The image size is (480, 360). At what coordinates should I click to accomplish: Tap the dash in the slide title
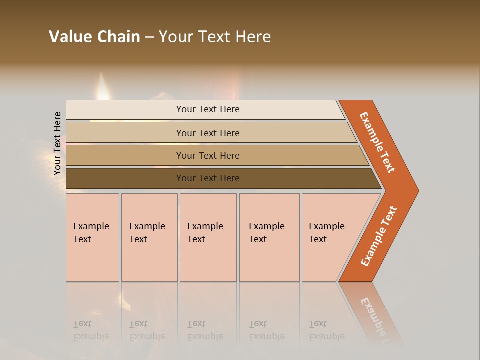pos(149,37)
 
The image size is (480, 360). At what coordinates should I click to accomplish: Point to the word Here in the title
pos(253,37)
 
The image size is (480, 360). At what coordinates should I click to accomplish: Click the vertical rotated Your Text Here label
pos(57,143)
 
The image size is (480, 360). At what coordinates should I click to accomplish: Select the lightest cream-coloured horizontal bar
pos(205,109)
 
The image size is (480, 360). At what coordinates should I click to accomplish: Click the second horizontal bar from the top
pos(210,133)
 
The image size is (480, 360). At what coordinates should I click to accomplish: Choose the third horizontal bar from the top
pos(215,155)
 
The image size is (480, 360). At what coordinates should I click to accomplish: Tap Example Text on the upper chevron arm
pos(377,142)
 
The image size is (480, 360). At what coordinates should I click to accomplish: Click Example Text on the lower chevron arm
pos(378,236)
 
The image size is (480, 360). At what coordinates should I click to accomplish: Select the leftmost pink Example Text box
pos(92,237)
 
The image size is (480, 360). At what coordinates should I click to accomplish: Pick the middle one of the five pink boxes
pos(208,237)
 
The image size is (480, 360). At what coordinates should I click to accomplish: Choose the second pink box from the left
pos(149,237)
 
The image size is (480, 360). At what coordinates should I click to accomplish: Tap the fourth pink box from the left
pos(269,237)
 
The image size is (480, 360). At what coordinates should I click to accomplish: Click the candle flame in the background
pos(102,85)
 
